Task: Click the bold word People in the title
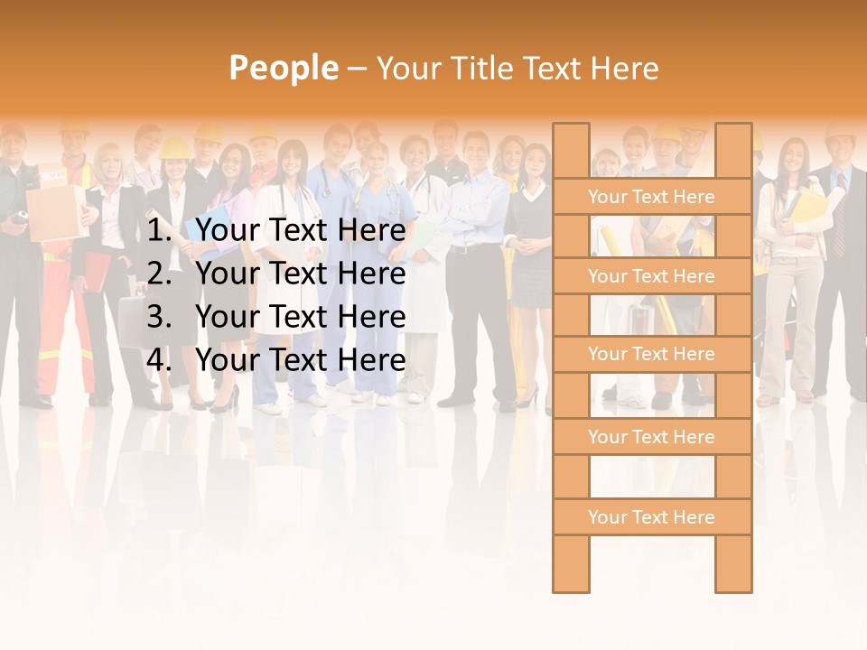click(283, 68)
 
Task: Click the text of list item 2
click(300, 274)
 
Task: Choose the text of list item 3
click(300, 317)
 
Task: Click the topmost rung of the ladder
click(651, 197)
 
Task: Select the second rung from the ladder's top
click(651, 276)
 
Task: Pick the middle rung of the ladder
click(651, 354)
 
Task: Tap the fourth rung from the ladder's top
click(651, 437)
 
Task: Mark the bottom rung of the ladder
click(651, 517)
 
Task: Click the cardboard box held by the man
click(54, 212)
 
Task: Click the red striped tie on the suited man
click(840, 226)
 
